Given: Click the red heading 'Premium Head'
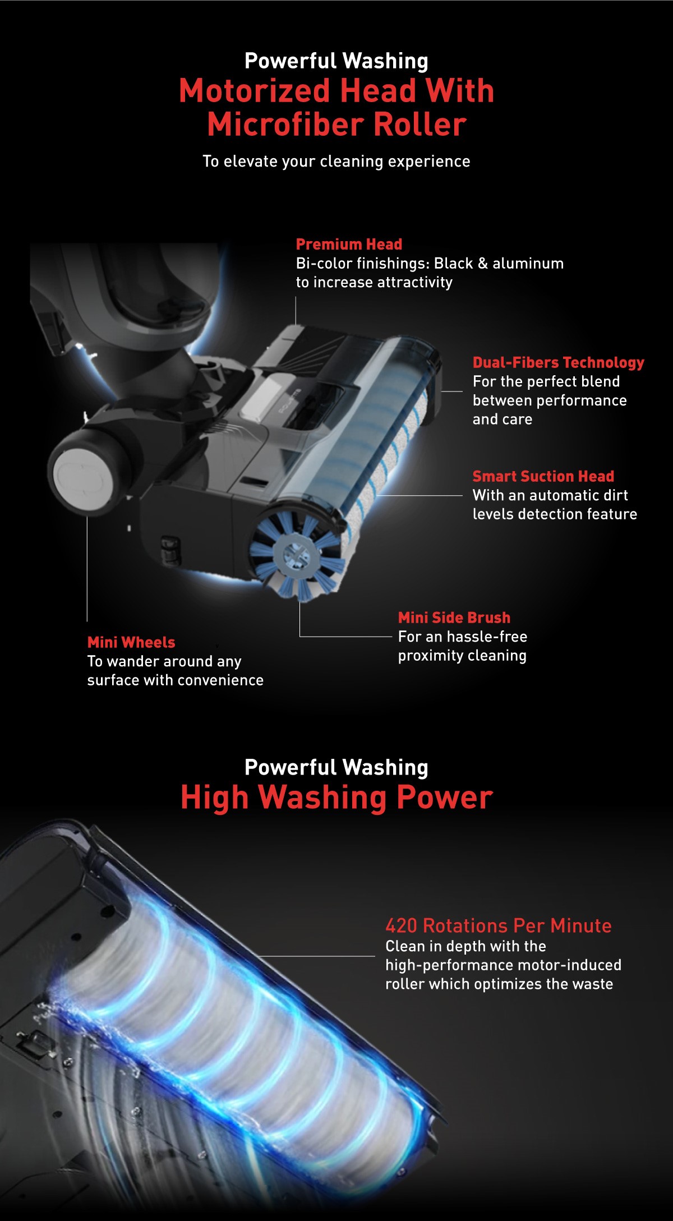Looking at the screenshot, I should pyautogui.click(x=349, y=245).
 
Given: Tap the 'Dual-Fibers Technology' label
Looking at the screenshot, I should pyautogui.click(x=558, y=362).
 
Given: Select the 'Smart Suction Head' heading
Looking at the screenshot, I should pyautogui.click(x=543, y=476).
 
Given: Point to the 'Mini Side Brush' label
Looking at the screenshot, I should pyautogui.click(x=454, y=618).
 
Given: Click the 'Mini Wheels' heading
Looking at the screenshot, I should pyautogui.click(x=131, y=642).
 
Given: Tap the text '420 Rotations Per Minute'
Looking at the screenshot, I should pyautogui.click(x=498, y=925).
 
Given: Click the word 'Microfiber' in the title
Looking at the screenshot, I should pyautogui.click(x=285, y=125).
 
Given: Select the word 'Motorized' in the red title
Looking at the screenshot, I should pyautogui.click(x=254, y=91).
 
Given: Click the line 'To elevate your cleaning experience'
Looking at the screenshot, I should pyautogui.click(x=336, y=162).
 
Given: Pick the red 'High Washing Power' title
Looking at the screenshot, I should pyautogui.click(x=336, y=797).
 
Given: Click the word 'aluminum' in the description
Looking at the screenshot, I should pyautogui.click(x=528, y=264).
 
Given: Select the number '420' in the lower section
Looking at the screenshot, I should pyautogui.click(x=401, y=925).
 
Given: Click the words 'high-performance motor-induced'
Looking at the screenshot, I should pyautogui.click(x=503, y=965).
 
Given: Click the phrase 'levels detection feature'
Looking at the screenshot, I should pyautogui.click(x=554, y=514).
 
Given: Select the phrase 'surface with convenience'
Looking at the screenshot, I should pyautogui.click(x=175, y=680).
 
